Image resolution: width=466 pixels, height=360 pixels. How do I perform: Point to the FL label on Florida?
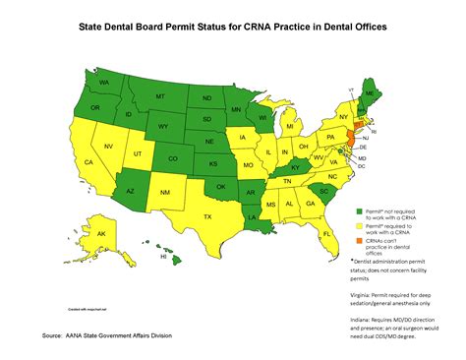coord(326,233)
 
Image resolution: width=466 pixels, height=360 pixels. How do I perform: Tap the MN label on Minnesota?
coord(236,100)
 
